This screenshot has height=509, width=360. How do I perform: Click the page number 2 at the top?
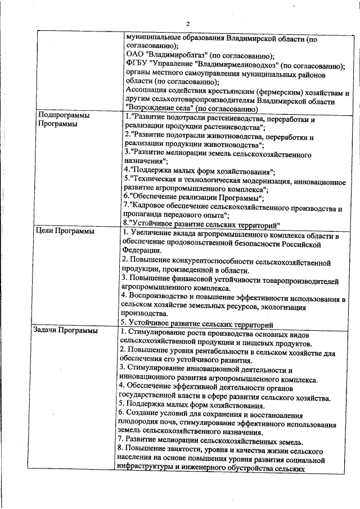188,22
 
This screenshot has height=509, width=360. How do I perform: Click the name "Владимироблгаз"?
174,56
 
